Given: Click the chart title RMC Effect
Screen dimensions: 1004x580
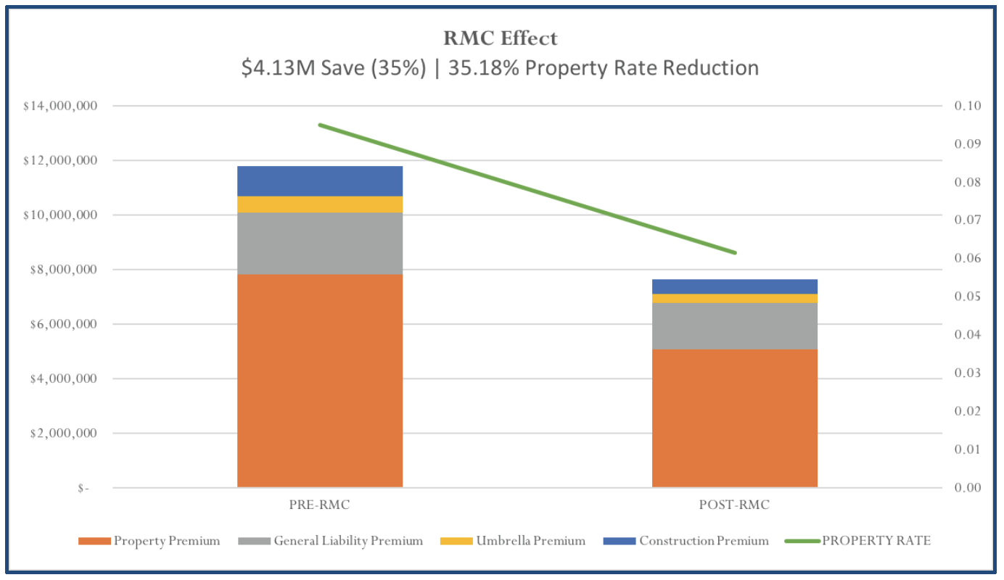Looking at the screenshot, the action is (501, 38).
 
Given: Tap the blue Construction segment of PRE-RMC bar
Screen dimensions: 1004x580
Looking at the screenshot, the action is (320, 181).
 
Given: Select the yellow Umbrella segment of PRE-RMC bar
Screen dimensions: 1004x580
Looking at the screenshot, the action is (320, 204).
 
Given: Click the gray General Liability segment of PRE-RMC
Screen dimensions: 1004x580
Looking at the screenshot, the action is (320, 243).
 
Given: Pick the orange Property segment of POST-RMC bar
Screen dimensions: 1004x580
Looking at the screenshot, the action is (734, 418).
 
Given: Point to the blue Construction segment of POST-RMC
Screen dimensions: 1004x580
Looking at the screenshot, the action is (734, 286).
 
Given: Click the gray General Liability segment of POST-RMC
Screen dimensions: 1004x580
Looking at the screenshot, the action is (734, 326).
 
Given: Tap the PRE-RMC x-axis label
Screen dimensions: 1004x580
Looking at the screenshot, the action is (319, 505).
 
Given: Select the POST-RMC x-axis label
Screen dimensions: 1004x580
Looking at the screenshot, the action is (734, 505).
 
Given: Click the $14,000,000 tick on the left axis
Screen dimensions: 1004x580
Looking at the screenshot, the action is (60, 106).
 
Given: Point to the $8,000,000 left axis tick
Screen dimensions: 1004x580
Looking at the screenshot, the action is (64, 270).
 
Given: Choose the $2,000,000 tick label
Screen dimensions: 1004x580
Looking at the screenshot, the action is (64, 433).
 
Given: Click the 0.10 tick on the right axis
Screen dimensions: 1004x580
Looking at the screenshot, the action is (968, 106).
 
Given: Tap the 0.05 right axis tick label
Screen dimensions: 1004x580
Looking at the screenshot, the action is (968, 297).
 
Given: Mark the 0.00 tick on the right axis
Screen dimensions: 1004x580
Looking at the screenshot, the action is (968, 487).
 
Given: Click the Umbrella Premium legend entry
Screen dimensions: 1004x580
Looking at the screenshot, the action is (513, 541).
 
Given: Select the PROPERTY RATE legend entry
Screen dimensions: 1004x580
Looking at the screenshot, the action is (857, 541).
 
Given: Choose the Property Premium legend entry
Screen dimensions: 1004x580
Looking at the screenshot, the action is (149, 541).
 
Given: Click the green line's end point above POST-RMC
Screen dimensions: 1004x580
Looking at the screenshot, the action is (735, 253).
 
